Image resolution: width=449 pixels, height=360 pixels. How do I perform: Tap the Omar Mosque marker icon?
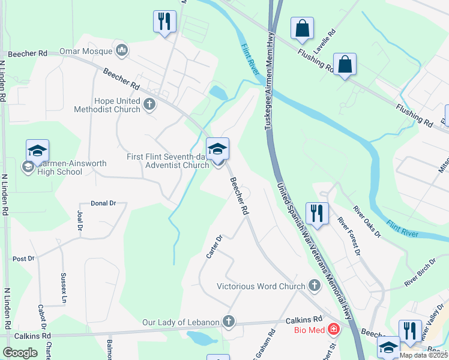(x=122, y=49)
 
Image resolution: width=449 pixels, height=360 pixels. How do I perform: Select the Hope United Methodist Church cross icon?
(x=149, y=105)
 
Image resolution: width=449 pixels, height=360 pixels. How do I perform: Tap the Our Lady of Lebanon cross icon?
(x=228, y=322)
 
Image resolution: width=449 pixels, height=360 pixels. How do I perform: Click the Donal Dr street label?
(x=103, y=203)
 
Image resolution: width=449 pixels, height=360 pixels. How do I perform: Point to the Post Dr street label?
(x=24, y=259)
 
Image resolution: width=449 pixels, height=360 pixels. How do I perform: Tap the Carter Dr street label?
(x=214, y=247)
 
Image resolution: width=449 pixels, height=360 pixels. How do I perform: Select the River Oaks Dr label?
(x=367, y=221)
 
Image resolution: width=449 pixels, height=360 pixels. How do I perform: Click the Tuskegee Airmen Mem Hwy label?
(x=268, y=90)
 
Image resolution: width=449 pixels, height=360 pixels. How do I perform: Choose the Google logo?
(x=20, y=352)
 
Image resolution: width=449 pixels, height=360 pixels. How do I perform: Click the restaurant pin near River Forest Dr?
(x=316, y=213)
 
